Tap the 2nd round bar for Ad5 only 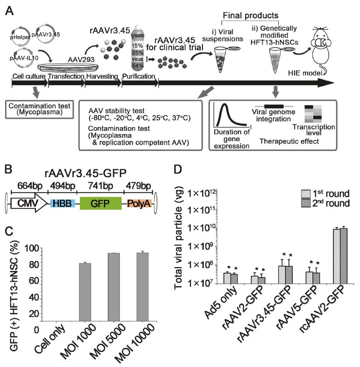point(235,278)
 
